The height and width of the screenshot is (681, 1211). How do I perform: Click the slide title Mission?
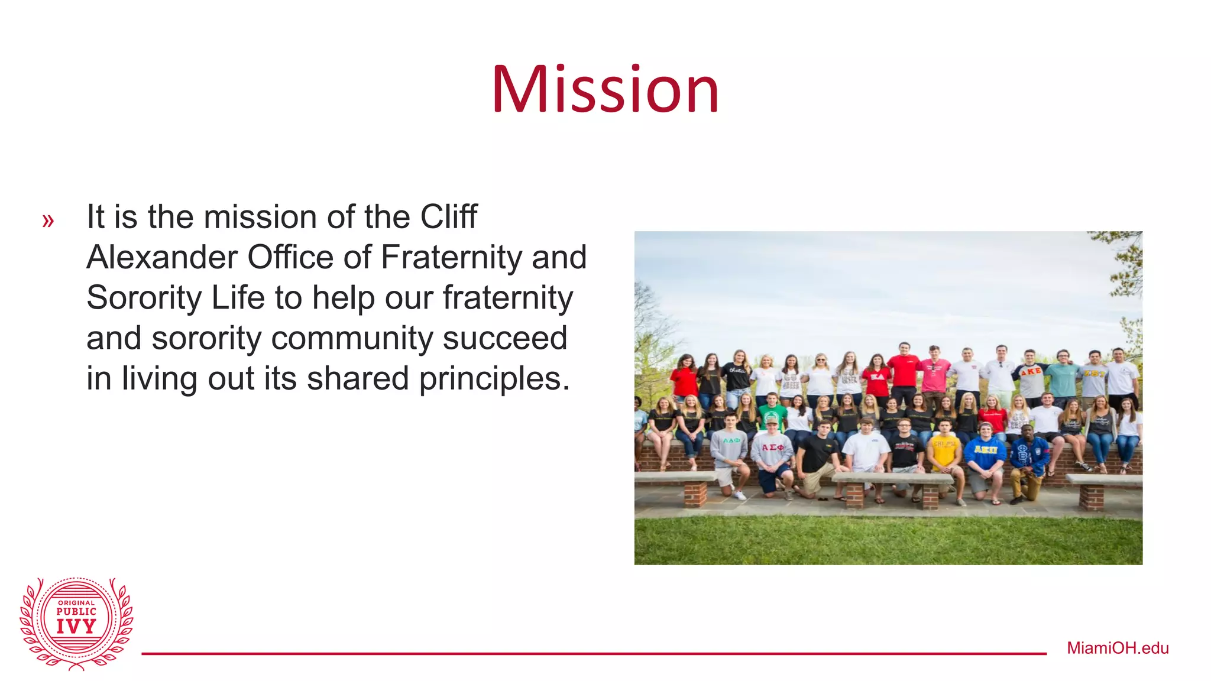click(605, 90)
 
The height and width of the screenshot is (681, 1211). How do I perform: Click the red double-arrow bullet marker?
click(48, 221)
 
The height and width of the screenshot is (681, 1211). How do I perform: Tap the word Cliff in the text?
click(448, 217)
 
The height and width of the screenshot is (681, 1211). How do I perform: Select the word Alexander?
click(161, 258)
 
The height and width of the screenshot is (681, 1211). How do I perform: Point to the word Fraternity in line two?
click(452, 258)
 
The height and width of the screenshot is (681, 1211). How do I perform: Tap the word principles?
click(494, 378)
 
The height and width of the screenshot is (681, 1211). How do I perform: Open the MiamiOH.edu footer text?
click(1118, 648)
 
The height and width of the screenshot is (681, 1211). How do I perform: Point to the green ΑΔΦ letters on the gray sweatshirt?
click(731, 440)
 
